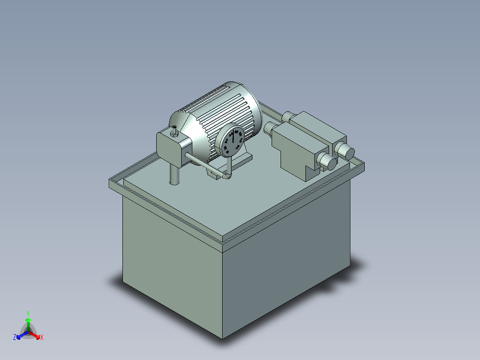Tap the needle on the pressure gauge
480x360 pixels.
[232, 136]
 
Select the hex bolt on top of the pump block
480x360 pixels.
[174, 131]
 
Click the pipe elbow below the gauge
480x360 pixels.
[227, 176]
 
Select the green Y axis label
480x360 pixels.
[28, 313]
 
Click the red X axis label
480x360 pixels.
[41, 337]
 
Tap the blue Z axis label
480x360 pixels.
[15, 337]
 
